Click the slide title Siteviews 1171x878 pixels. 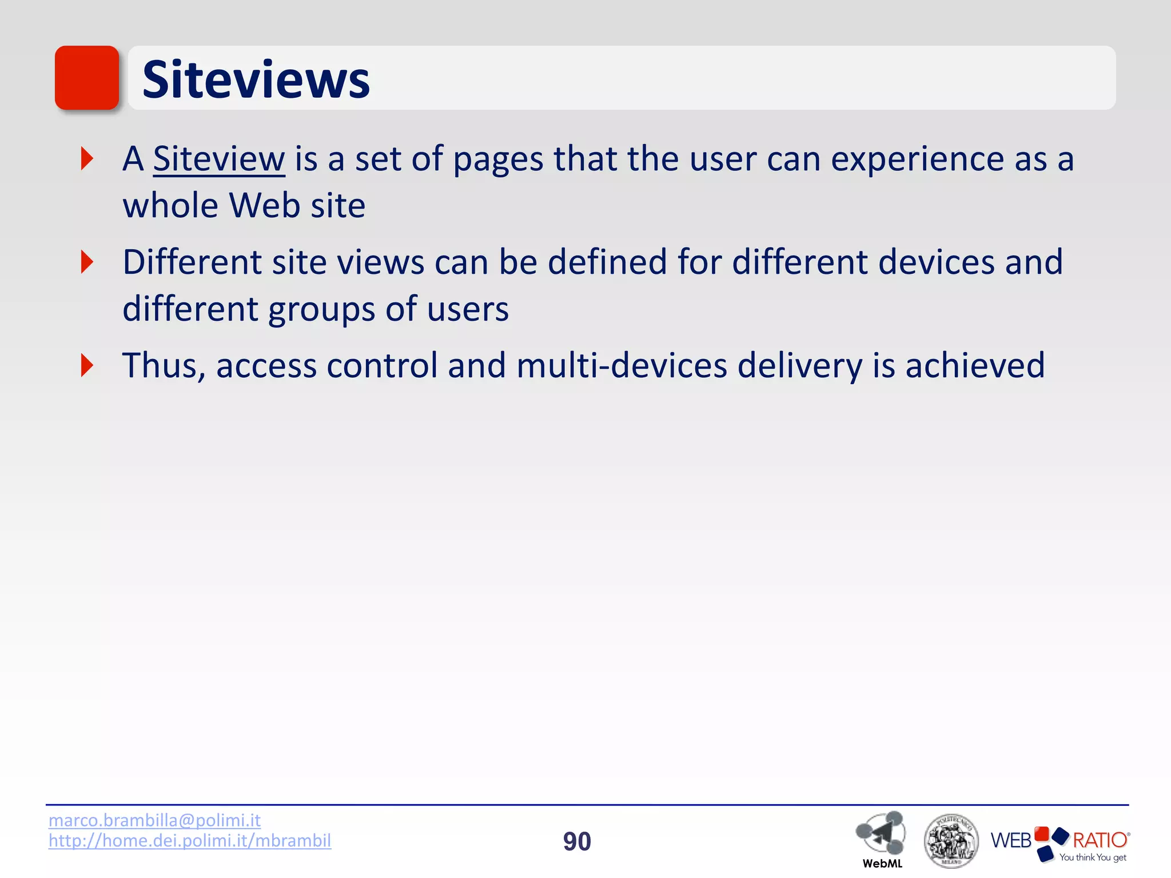256,79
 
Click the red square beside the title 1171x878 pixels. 87,78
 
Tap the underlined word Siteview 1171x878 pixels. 219,159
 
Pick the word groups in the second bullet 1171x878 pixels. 321,309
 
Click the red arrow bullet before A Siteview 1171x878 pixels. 87,158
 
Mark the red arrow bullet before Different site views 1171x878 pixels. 87,262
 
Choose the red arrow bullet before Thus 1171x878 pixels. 87,365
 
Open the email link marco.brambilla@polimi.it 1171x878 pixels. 154,820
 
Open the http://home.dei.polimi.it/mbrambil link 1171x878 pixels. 190,841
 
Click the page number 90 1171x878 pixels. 577,841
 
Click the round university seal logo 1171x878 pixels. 951,841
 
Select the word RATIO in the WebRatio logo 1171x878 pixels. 1100,840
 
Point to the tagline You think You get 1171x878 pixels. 1092,857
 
